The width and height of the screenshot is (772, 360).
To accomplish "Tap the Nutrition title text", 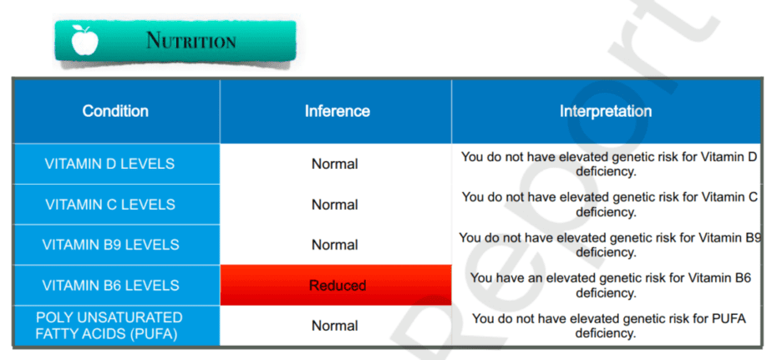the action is point(191,40).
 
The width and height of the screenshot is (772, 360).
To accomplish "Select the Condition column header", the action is point(115,111).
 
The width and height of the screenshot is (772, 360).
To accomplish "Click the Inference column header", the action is point(338,111).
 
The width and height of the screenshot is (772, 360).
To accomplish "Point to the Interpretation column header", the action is point(606,111).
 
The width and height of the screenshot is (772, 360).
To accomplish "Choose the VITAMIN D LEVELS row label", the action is point(109,164).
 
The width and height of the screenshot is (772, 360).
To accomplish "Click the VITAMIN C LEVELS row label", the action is point(110,205).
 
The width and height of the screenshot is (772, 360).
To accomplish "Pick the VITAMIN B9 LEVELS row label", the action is point(111,245).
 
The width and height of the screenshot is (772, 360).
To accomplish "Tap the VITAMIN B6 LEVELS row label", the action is point(111,285).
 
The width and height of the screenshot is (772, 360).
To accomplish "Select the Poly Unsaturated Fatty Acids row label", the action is point(109,326).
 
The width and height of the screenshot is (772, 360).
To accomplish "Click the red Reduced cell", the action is point(336,285).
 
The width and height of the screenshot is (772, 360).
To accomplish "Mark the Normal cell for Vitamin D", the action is point(335,164).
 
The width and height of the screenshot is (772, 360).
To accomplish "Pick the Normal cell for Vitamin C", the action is point(335,205).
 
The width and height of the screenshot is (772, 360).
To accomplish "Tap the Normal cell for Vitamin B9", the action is point(335,245).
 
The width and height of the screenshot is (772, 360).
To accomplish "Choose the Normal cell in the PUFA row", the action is point(335,326).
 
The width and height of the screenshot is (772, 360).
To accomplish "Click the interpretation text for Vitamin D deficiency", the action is point(610,165).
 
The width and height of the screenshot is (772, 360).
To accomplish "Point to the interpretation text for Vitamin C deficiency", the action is point(610,205).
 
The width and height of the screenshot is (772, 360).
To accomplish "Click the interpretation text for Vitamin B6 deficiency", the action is point(611,286).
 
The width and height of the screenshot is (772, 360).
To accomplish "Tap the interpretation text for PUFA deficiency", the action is point(609,326).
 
